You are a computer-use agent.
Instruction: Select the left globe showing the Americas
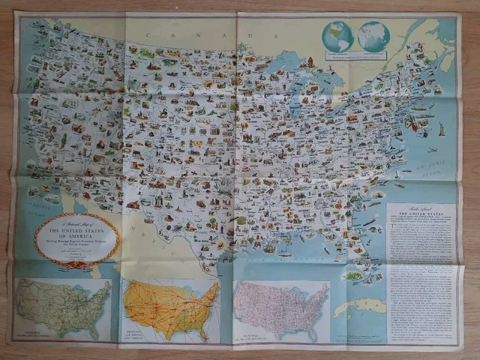pos(337,36)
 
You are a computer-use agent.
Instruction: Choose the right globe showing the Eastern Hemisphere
pos(373,36)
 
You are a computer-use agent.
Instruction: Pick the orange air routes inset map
pos(171,307)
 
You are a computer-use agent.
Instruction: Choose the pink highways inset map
pos(281,309)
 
